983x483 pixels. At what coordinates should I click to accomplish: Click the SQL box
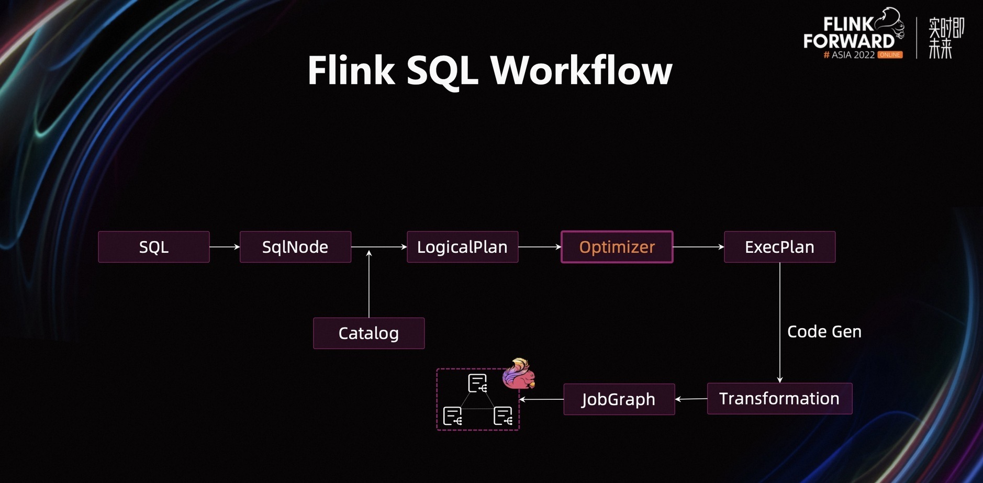[x=154, y=247]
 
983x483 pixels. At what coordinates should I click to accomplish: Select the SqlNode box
[x=295, y=247]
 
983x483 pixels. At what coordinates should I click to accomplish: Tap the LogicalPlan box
[x=463, y=247]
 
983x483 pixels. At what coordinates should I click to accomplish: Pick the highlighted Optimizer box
[x=617, y=247]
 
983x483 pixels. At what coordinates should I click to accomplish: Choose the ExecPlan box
[x=780, y=247]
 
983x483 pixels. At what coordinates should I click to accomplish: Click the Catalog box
[x=369, y=333]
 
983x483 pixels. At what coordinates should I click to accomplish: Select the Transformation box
[x=780, y=399]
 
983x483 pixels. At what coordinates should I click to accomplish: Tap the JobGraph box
[x=619, y=399]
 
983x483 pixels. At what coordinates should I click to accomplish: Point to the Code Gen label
[x=824, y=332]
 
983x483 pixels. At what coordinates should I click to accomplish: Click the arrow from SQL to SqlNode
[x=225, y=247]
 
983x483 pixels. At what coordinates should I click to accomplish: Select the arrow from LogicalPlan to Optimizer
[x=540, y=247]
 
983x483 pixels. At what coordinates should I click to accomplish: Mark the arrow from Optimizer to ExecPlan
[x=699, y=247]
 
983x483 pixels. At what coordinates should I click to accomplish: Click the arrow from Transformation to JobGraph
[x=691, y=399]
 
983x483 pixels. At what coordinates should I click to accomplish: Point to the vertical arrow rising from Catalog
[x=369, y=284]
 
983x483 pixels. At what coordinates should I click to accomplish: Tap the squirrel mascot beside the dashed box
[x=519, y=374]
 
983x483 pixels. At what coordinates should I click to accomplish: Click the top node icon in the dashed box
[x=477, y=384]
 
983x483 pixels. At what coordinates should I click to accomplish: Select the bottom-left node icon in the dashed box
[x=452, y=416]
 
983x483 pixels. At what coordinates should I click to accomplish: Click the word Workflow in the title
[x=581, y=71]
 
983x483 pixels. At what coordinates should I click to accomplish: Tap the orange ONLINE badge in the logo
[x=890, y=55]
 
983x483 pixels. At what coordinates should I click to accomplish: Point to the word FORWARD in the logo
[x=849, y=41]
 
